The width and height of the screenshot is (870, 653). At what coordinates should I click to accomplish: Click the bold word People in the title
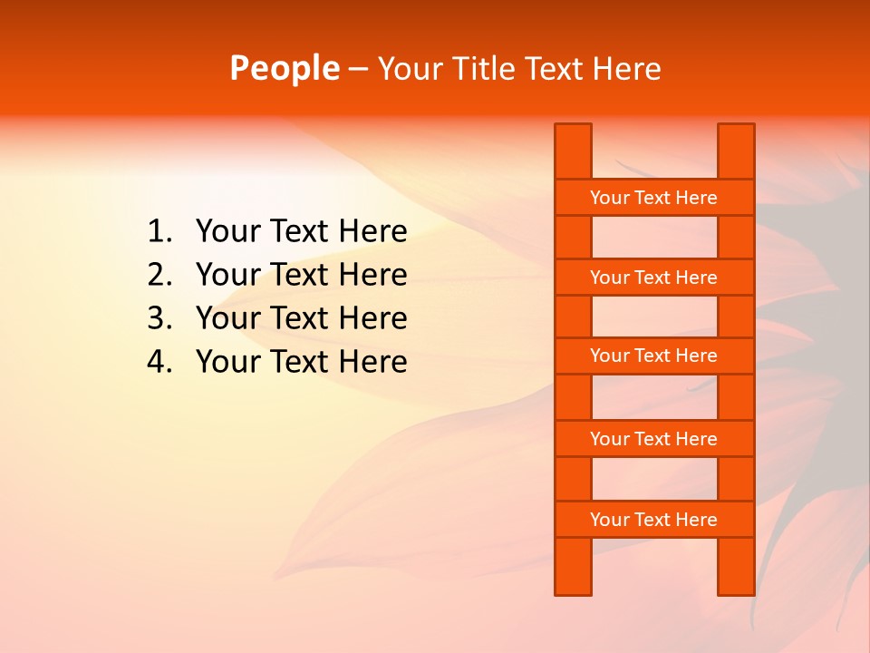click(284, 69)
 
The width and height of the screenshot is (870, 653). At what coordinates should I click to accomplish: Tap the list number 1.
click(159, 232)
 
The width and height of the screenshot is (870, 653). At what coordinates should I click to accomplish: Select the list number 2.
click(159, 275)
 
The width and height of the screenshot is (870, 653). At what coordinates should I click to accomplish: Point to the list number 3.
click(159, 318)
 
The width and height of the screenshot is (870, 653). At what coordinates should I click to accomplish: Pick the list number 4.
click(159, 362)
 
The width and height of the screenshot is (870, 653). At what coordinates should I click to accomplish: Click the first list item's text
click(301, 232)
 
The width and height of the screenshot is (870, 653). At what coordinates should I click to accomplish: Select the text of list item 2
click(301, 275)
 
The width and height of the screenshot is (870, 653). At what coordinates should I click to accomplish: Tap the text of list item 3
click(301, 318)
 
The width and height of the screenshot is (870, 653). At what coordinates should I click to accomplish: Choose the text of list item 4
click(301, 362)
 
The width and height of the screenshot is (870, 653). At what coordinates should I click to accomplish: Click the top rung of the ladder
click(653, 198)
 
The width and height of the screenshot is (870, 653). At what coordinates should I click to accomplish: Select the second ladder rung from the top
click(653, 278)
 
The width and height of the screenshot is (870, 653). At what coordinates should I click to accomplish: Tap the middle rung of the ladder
click(653, 356)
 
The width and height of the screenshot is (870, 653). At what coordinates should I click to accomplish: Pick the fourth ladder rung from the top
click(653, 439)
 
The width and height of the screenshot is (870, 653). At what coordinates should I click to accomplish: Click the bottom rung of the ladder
click(653, 520)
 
